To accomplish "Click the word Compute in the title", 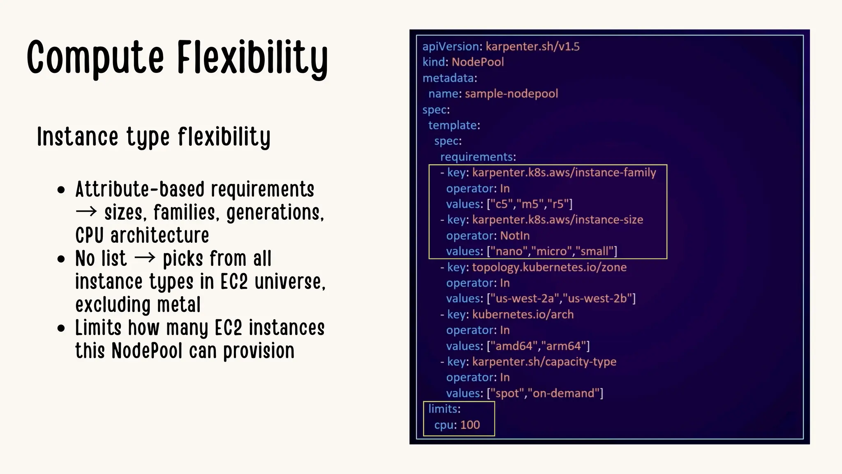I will click(95, 58).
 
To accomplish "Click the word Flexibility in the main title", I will click(252, 58).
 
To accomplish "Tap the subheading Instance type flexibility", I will click(154, 137).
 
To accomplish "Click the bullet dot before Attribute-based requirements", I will click(62, 191).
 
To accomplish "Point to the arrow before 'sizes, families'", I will click(86, 212).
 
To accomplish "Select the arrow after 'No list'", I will click(145, 258).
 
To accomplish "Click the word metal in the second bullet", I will click(178, 305).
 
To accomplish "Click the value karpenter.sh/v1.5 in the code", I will click(532, 46).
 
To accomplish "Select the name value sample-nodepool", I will click(511, 94).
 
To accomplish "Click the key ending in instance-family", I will click(564, 172).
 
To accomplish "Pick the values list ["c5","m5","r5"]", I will click(530, 204).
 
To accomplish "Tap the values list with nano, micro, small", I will click(552, 251).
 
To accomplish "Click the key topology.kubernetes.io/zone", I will click(549, 267).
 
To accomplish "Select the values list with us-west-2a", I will click(561, 299).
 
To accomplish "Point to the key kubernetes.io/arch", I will click(523, 314).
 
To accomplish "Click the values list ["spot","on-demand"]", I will click(545, 393).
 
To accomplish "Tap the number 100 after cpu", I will click(470, 425).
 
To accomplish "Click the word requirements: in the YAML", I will click(478, 157).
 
